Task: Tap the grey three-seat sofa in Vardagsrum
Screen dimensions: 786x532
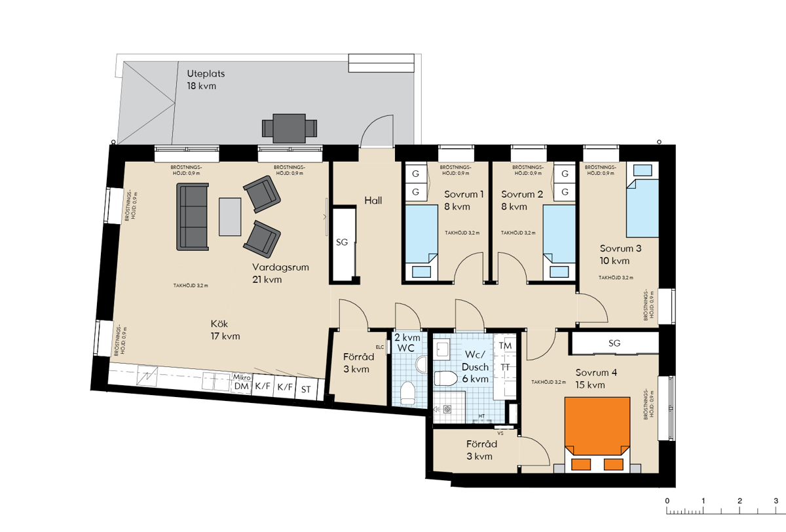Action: [193, 217]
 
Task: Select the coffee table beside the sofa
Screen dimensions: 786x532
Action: [230, 217]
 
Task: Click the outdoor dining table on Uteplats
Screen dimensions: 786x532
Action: [289, 128]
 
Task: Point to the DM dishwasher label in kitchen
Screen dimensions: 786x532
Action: [242, 387]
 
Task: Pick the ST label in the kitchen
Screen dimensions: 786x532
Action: [306, 389]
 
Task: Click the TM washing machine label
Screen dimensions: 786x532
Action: [505, 346]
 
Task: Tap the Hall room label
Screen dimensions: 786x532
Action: [373, 200]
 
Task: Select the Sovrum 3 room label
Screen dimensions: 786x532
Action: [620, 248]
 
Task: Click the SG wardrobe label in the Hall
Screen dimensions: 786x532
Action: [342, 242]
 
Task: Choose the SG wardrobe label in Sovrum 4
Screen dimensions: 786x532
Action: [614, 343]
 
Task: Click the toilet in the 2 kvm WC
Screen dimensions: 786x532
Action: [407, 393]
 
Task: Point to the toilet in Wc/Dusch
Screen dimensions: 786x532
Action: [445, 378]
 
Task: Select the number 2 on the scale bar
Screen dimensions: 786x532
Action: [739, 501]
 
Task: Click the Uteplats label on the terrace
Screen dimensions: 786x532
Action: [206, 73]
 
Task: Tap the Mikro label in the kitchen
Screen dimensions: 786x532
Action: [242, 377]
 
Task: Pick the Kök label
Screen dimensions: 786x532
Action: [219, 323]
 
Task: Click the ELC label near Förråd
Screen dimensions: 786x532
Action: [380, 347]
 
